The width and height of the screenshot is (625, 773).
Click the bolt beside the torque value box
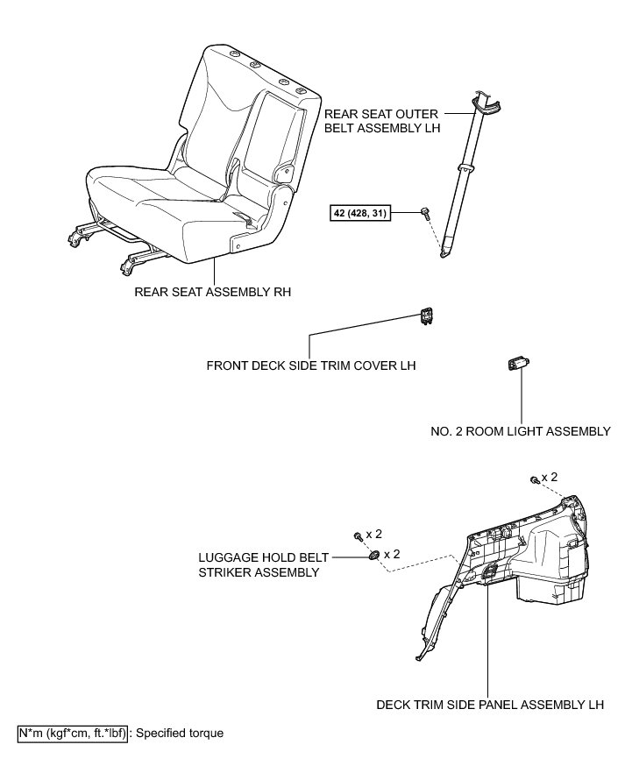pyautogui.click(x=425, y=212)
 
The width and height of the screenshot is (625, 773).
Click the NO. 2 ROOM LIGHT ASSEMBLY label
pyautogui.click(x=521, y=431)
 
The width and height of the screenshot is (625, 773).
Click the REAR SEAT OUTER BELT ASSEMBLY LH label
pyautogui.click(x=382, y=120)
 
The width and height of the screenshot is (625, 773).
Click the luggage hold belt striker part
pyautogui.click(x=374, y=556)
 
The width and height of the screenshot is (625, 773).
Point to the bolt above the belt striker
pyautogui.click(x=358, y=535)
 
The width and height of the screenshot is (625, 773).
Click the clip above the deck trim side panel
pyautogui.click(x=534, y=479)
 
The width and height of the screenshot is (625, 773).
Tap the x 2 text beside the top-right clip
pyautogui.click(x=550, y=477)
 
